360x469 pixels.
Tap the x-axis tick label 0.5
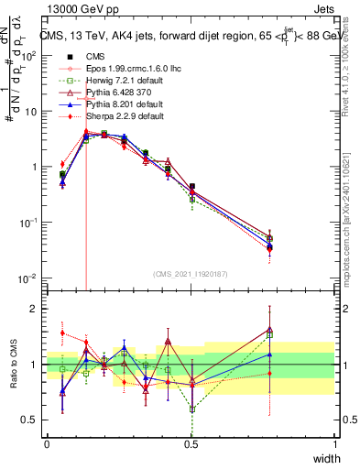191,444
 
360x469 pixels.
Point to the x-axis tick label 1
335,444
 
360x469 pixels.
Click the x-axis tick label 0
47,444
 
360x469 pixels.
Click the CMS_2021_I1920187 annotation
191,273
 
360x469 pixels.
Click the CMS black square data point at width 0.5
191,187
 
